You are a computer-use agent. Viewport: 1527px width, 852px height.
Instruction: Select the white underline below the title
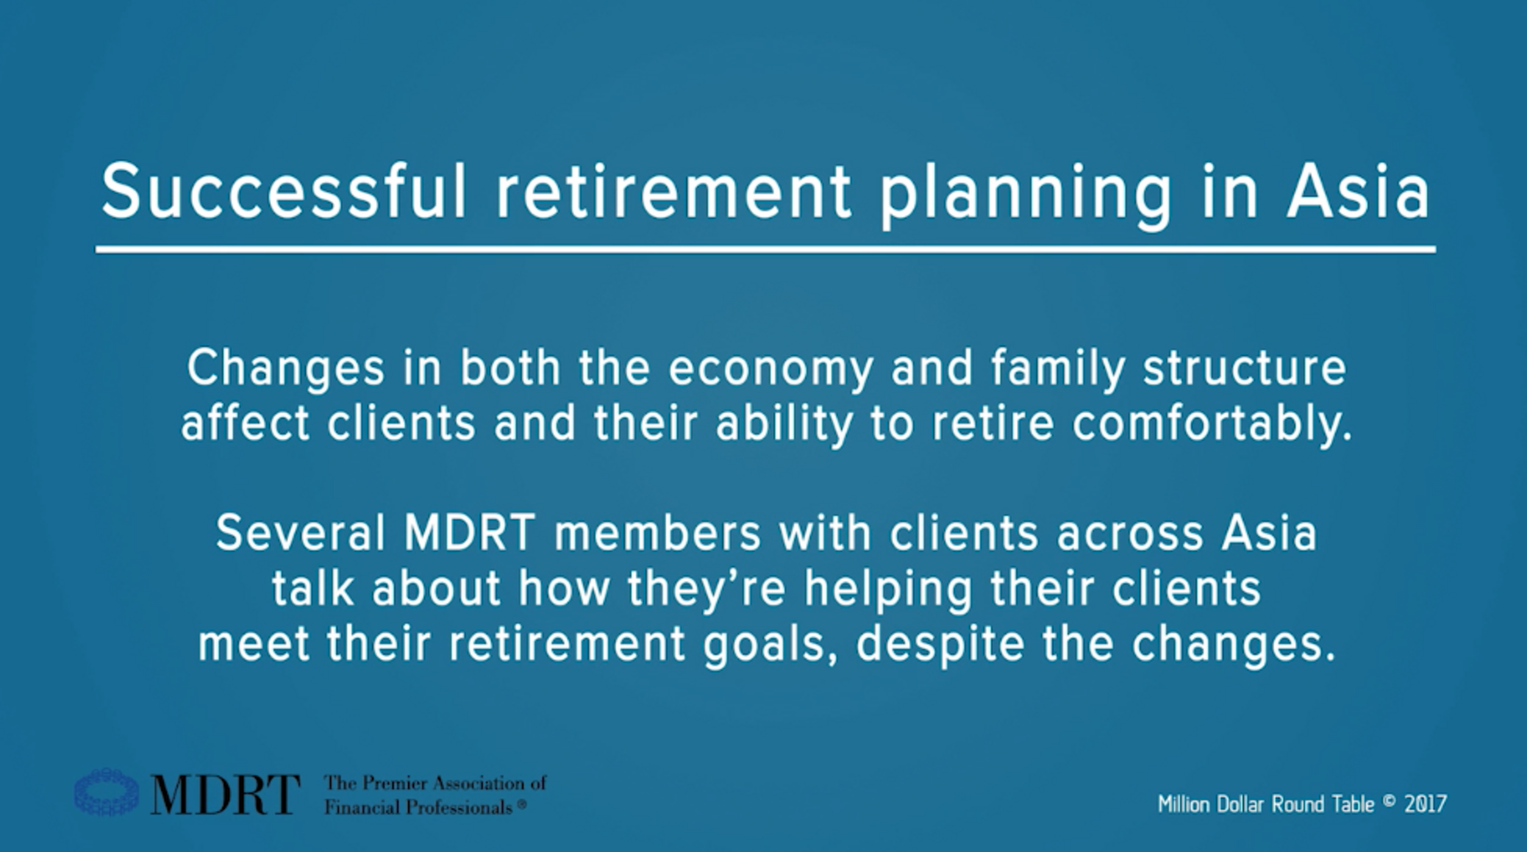tap(765, 250)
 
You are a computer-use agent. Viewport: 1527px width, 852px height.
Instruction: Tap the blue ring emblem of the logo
tap(107, 792)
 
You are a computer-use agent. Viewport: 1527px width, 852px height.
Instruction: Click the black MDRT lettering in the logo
tap(225, 794)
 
